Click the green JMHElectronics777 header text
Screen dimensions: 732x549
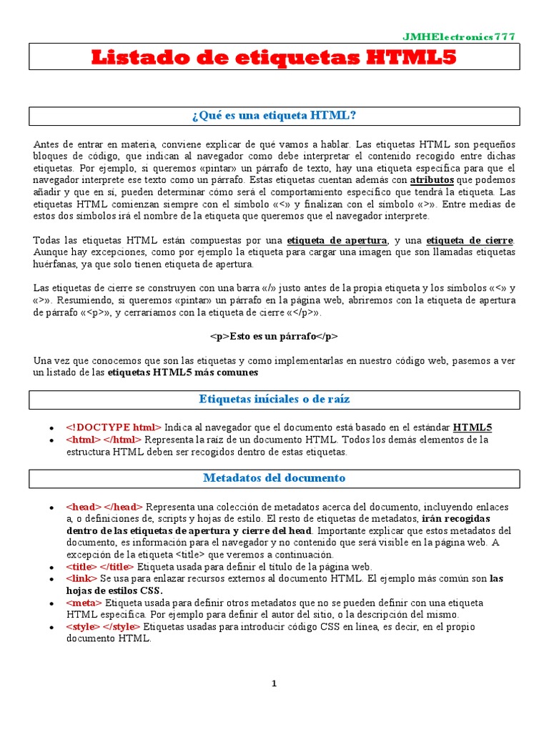(x=458, y=37)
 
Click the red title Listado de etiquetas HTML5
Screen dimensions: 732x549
(x=274, y=58)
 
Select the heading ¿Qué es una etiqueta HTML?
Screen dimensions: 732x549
(x=274, y=115)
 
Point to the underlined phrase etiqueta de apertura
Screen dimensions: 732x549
(x=337, y=239)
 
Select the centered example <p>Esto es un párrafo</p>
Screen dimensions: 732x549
(x=274, y=336)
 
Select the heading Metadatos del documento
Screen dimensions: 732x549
(x=274, y=478)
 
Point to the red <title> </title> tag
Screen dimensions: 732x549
(x=99, y=566)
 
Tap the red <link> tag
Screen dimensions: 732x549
(x=83, y=578)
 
